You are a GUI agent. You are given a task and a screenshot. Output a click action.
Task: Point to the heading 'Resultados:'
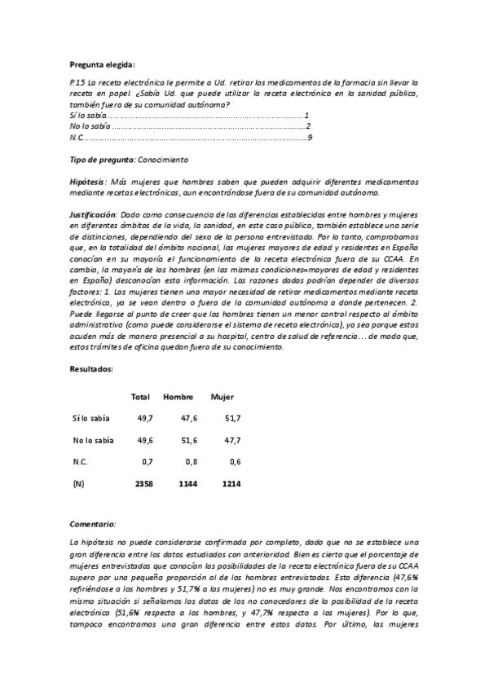tap(90, 369)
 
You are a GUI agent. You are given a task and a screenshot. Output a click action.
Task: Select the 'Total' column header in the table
tap(140, 397)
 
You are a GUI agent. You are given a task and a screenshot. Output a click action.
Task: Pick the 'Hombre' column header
tap(178, 397)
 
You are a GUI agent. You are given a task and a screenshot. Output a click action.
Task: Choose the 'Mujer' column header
tap(222, 397)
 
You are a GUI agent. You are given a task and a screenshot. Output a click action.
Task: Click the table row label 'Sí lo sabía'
tap(90, 419)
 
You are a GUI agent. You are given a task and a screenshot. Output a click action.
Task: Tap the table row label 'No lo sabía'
tap(92, 441)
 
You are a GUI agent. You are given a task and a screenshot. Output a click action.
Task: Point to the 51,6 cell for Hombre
tap(188, 441)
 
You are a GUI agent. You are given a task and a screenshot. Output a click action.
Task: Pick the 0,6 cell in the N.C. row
tap(235, 463)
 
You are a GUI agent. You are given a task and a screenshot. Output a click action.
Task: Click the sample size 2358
tap(141, 484)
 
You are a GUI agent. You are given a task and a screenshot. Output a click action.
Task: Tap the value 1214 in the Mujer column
tap(231, 484)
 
